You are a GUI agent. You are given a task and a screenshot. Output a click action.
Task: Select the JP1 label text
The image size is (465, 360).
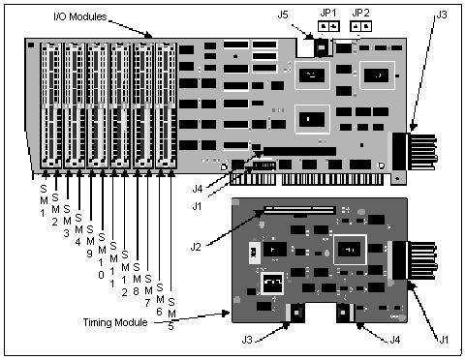(x=327, y=12)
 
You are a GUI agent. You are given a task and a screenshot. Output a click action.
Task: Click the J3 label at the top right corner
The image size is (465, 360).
(x=442, y=15)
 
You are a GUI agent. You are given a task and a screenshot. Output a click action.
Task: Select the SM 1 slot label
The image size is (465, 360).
(x=44, y=190)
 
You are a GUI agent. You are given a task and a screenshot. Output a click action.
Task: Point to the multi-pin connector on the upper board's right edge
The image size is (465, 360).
(x=413, y=154)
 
